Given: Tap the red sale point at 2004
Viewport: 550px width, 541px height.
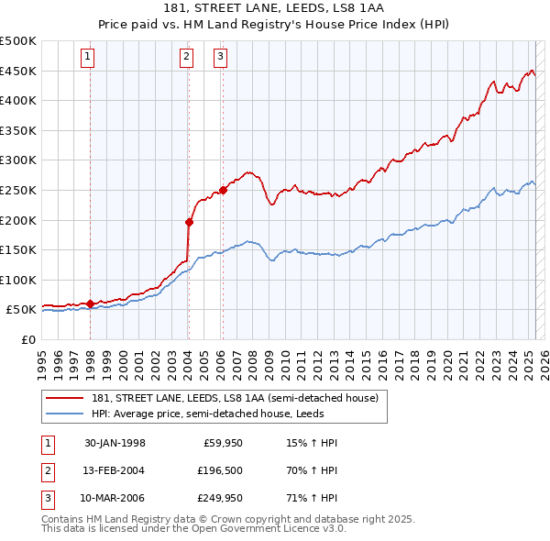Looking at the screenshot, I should pos(189,221).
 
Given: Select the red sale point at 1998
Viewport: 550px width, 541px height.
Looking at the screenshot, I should pos(91,304).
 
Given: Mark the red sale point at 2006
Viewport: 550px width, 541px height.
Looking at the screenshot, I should pos(223,191).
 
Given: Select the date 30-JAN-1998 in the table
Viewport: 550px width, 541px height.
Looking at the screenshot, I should pos(114,443).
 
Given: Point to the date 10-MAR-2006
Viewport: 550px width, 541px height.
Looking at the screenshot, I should pos(114,500).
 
